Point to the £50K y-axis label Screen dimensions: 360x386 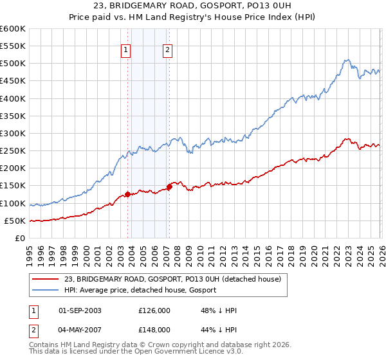pos(14,221)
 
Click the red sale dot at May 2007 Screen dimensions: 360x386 pos(169,186)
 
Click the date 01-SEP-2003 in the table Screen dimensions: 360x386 pos(80,310)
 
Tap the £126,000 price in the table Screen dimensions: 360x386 pos(154,310)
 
